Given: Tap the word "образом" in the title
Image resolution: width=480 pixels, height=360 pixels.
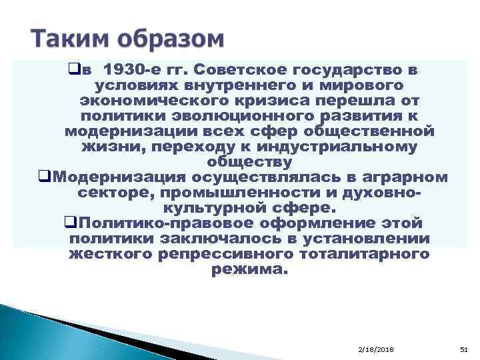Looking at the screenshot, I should point(170,39).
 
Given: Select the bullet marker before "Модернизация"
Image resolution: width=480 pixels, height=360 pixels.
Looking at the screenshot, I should point(45,177).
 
